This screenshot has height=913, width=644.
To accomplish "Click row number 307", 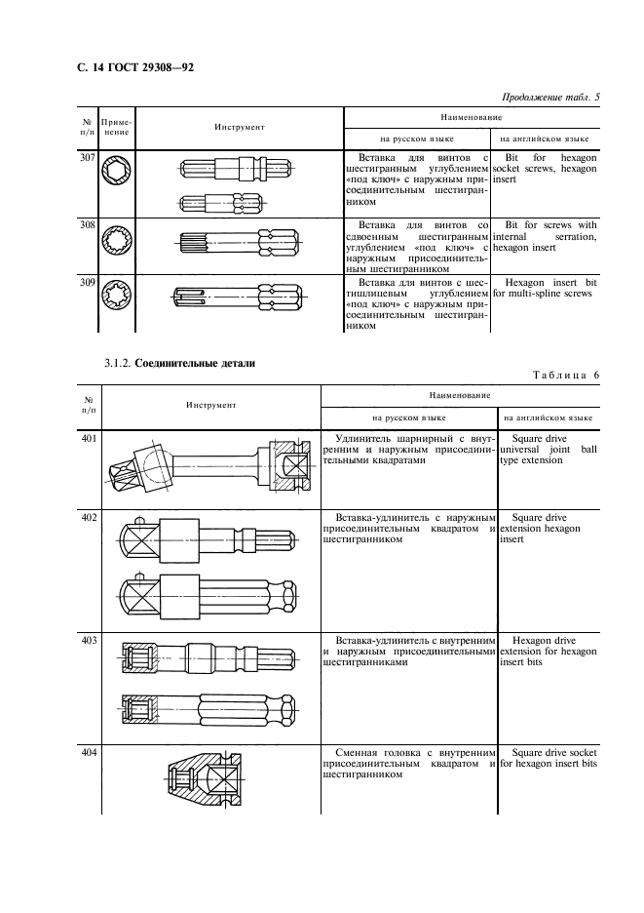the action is (85, 156).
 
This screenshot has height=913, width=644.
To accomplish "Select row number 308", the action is (85, 224).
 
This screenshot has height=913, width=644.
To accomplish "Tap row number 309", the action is (85, 282).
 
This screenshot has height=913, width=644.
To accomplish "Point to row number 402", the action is (89, 516).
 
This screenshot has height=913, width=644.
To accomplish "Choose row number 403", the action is (89, 639).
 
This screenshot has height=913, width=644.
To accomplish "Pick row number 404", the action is (89, 755).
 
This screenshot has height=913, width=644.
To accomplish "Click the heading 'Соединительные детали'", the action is (203, 363).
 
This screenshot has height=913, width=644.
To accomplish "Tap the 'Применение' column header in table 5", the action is (117, 127).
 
